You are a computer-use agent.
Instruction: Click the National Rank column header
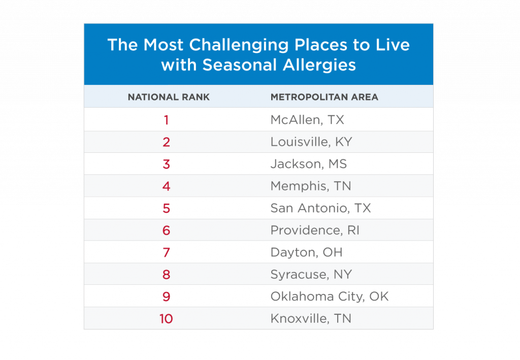click(169, 97)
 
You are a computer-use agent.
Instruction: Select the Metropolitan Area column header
click(324, 97)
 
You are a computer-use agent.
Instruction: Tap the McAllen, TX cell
click(307, 120)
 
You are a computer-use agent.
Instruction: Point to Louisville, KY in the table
click(311, 142)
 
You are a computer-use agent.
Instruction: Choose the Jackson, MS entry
click(308, 164)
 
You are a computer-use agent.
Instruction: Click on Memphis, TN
click(310, 186)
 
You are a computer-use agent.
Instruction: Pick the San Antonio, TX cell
click(320, 208)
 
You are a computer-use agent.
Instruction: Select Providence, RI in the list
click(314, 230)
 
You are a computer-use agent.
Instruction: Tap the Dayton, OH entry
click(306, 252)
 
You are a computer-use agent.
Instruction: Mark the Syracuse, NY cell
click(311, 274)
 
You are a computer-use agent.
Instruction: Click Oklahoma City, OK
click(329, 297)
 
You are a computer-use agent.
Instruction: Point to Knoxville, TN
click(311, 318)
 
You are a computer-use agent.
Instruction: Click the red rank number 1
click(166, 120)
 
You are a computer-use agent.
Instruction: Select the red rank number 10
click(166, 318)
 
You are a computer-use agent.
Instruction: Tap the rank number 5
click(166, 208)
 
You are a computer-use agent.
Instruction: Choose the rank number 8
click(166, 274)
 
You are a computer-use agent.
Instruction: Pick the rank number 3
click(166, 164)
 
